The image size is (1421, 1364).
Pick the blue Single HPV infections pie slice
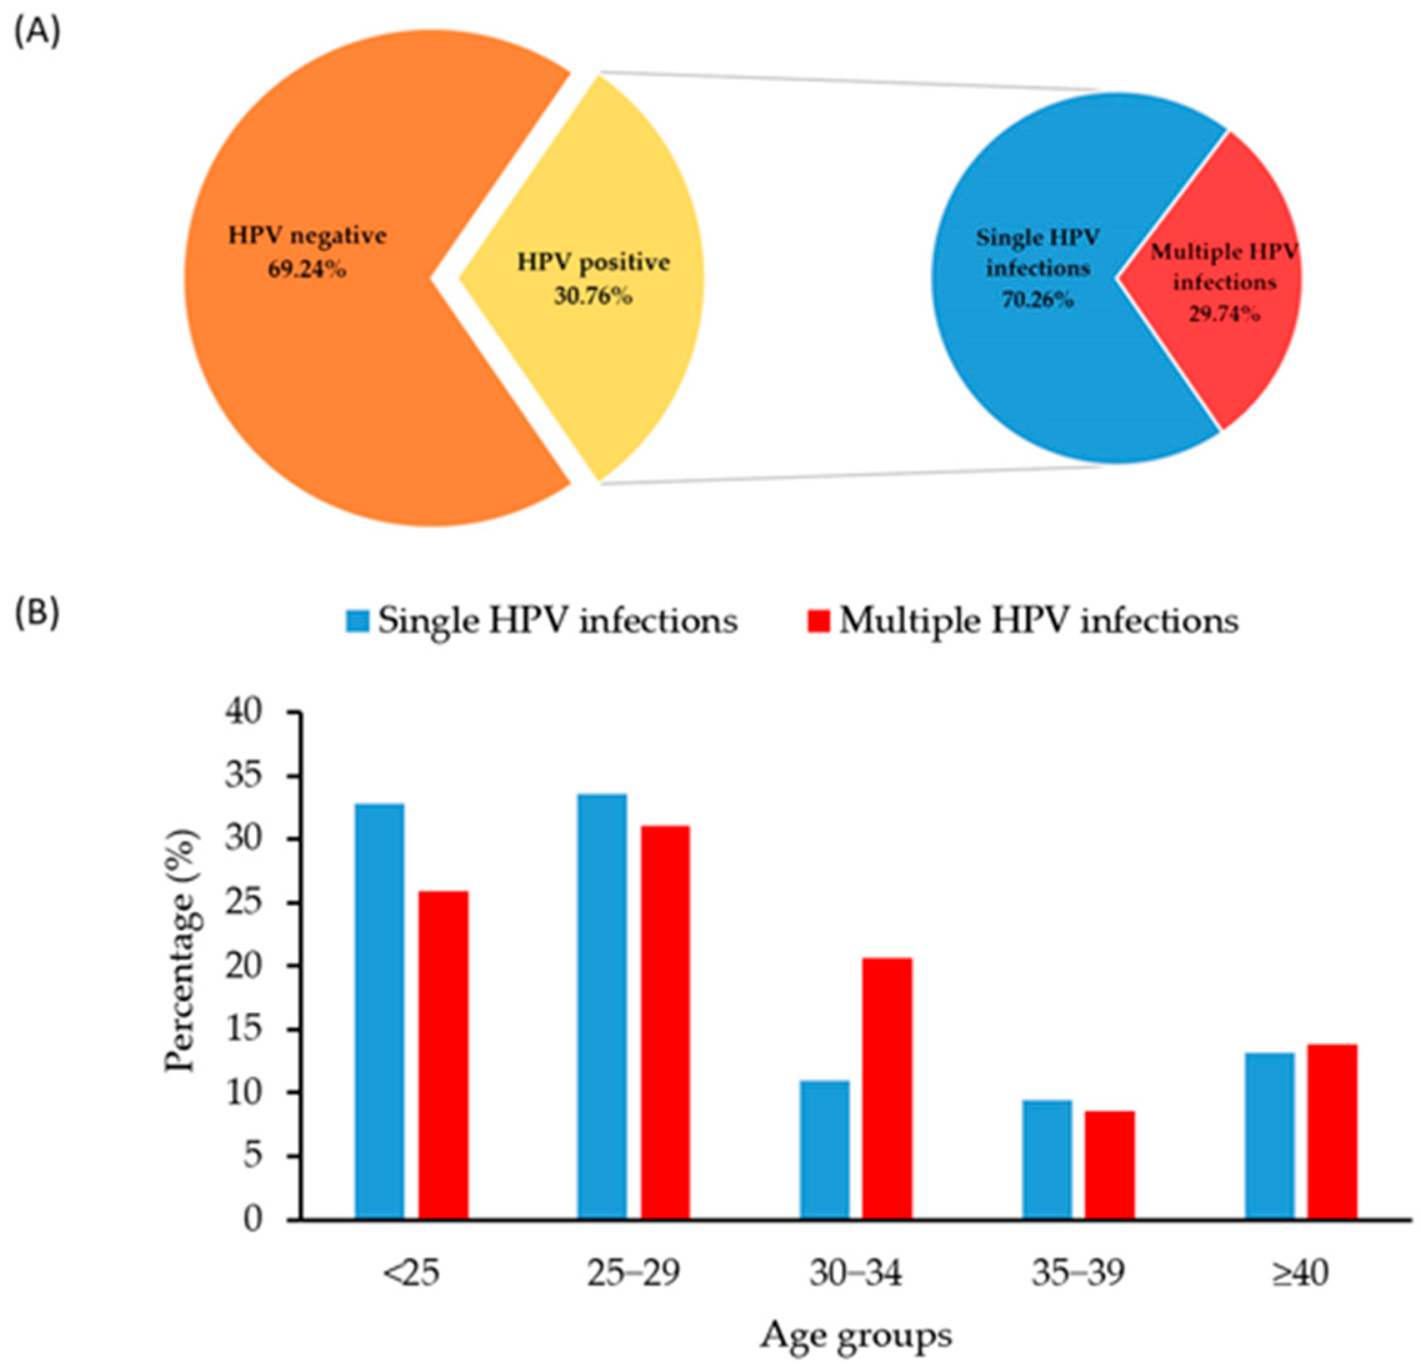click(1029, 377)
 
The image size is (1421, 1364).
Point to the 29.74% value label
click(1224, 313)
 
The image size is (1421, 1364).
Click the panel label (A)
click(37, 34)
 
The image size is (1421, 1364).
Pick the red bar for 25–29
click(665, 1023)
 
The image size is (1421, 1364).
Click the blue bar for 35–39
click(1047, 1160)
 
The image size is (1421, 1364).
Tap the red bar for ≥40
click(1332, 1132)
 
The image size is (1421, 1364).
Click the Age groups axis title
click(855, 1334)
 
